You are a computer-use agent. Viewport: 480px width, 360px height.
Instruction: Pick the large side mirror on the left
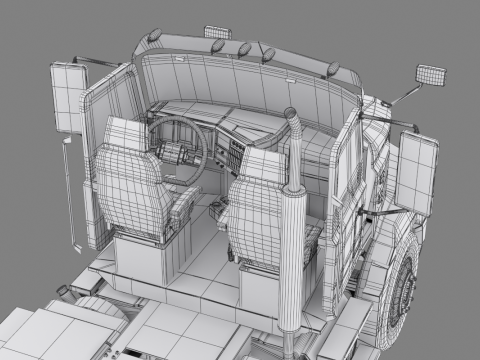(x=68, y=97)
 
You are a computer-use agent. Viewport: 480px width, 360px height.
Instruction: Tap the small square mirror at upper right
(x=430, y=75)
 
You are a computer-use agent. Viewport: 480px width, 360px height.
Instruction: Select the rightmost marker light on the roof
(x=332, y=71)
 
